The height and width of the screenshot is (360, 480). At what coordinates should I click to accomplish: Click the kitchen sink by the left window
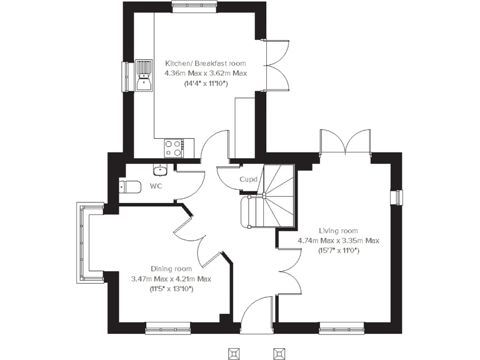144,75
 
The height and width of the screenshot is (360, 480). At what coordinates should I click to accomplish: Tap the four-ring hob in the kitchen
173,147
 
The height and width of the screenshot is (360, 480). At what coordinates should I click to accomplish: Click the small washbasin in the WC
160,169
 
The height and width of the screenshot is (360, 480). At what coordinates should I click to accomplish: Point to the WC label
156,186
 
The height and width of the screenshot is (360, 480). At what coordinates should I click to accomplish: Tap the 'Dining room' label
171,269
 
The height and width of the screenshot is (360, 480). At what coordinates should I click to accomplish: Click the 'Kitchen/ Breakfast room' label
205,63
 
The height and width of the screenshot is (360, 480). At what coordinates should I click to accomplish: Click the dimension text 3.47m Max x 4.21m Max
171,279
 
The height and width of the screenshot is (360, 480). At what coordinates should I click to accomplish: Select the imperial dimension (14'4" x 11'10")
205,83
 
